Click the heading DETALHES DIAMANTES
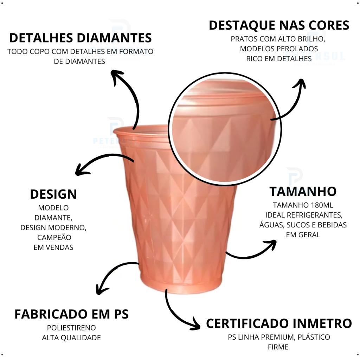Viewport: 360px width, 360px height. point(81,38)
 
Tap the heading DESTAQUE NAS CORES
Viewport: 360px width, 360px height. point(279,25)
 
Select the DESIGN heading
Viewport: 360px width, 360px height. point(53,194)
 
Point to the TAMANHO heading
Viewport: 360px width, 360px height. point(303,192)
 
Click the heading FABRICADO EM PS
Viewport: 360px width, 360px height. point(71,314)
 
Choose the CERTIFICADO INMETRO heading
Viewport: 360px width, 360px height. point(279,323)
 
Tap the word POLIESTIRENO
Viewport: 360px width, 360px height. point(71,328)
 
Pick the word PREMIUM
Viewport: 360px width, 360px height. point(275,337)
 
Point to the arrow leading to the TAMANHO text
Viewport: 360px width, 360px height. point(251,250)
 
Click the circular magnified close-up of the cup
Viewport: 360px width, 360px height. point(225,128)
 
